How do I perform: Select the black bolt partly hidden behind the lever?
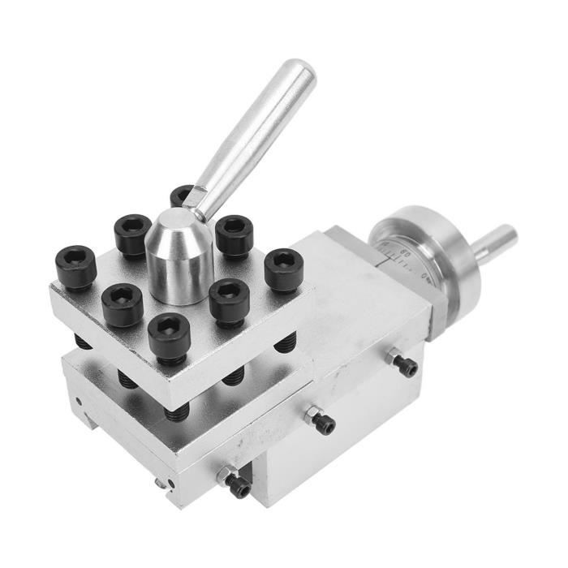click(x=182, y=196)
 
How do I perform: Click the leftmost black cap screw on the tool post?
click(x=75, y=266)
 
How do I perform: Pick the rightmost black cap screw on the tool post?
click(x=284, y=269)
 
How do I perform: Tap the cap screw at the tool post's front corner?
click(x=169, y=335)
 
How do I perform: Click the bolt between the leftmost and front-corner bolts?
click(x=123, y=303)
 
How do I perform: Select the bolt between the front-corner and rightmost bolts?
click(x=229, y=301)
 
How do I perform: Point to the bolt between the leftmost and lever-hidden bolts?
click(x=132, y=234)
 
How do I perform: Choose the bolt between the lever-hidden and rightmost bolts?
click(x=235, y=235)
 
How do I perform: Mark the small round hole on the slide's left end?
click(x=78, y=401)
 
